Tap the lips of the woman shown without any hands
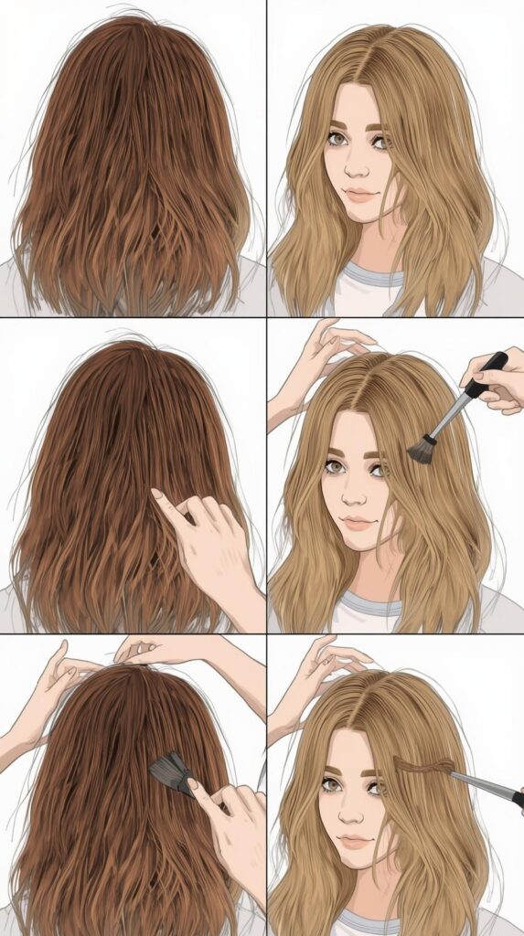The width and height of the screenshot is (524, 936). [x=358, y=195]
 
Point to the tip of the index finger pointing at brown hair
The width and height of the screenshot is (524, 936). [x=155, y=494]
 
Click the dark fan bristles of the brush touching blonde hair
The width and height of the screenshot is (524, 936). [x=422, y=449]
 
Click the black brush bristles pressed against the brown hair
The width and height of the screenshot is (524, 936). [x=171, y=771]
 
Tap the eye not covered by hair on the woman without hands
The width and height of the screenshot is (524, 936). [x=337, y=139]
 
